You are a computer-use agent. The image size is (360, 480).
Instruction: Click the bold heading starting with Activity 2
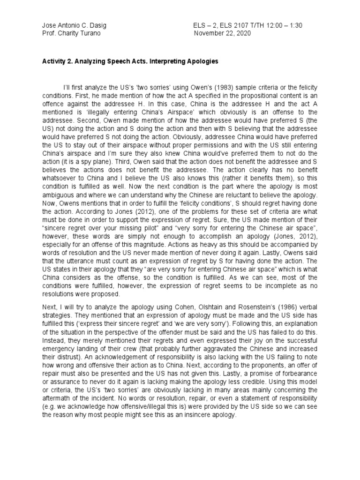point(132,61)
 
